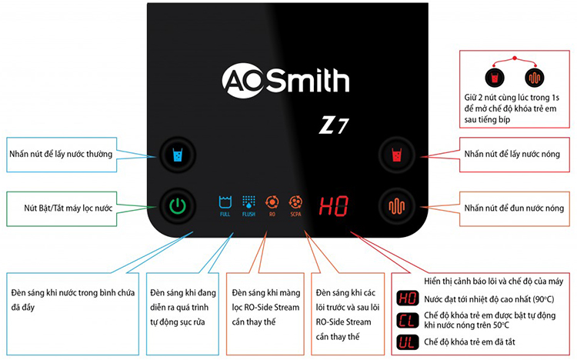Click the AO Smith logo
tap(285, 80)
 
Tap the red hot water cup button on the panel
tap(397, 155)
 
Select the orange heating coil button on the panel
tap(397, 205)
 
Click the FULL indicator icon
tap(225, 205)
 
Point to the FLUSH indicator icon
tap(248, 205)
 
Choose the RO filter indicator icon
tap(272, 205)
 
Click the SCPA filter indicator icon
tap(295, 205)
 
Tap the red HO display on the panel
tap(334, 205)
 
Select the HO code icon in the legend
tap(407, 298)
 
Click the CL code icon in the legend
tap(407, 320)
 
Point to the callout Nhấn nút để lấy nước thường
tap(62, 154)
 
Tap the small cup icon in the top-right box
tap(492, 78)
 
